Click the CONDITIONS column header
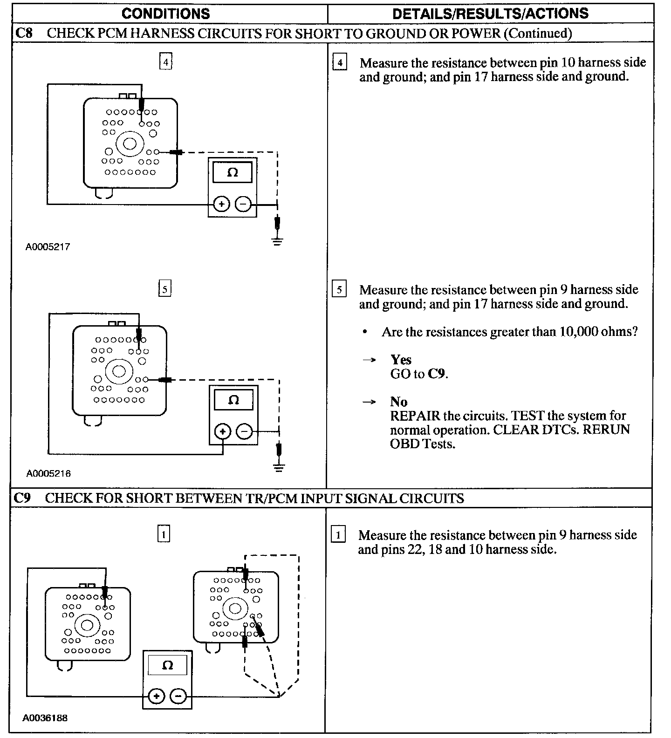[x=165, y=14]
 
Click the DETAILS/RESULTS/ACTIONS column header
[x=490, y=14]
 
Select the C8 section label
[x=23, y=33]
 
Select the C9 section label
[x=22, y=498]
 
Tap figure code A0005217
[x=48, y=247]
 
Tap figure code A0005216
[x=48, y=474]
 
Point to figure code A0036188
[x=45, y=718]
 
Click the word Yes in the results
[x=401, y=360]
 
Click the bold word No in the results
[x=399, y=402]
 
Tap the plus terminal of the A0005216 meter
[x=223, y=431]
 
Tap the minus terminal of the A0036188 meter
[x=178, y=697]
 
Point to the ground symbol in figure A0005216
[x=279, y=468]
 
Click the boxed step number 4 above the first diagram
[x=165, y=62]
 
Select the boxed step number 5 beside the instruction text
[x=339, y=290]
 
